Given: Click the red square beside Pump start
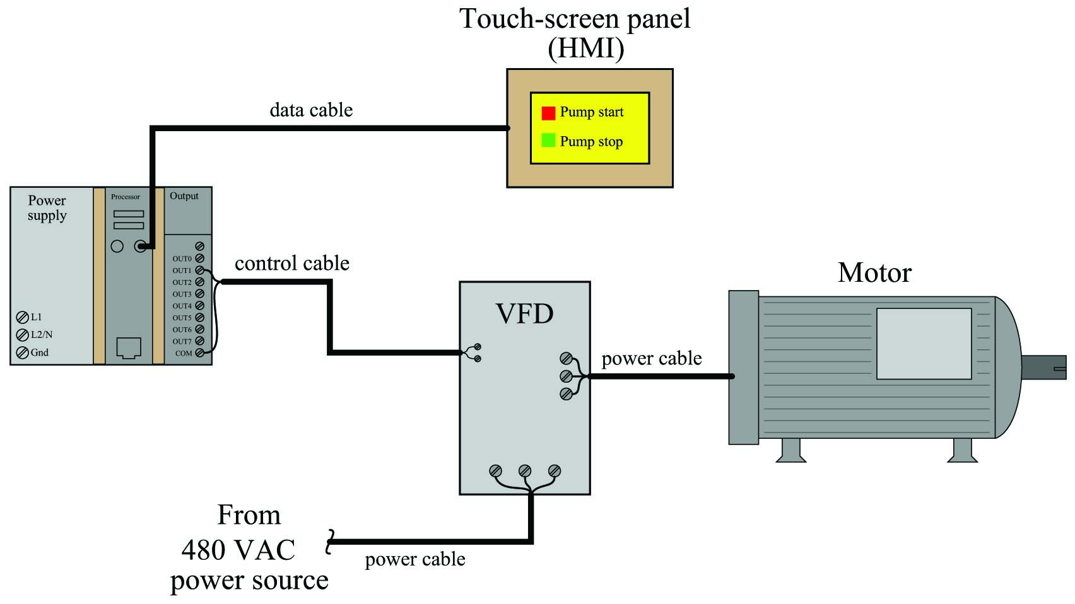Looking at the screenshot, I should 548,113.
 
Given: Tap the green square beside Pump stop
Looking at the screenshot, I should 548,140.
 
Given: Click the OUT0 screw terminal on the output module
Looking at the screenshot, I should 199,258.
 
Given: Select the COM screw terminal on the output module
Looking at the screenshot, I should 199,353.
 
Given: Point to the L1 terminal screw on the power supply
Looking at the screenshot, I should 22,317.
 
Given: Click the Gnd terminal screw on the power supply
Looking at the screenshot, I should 22,352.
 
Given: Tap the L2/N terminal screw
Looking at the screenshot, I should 22,335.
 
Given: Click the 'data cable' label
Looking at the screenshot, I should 311,110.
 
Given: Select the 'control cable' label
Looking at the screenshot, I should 292,264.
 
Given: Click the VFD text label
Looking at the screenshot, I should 524,314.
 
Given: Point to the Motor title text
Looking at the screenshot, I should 874,273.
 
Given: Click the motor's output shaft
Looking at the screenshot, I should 1043,368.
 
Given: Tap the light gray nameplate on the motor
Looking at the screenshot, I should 924,344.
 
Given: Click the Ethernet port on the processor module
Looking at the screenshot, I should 129,347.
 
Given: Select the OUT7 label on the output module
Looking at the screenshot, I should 182,342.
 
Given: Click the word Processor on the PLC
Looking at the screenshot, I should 126,197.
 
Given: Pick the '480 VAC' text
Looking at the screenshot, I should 238,550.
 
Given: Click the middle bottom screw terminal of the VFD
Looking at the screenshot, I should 525,471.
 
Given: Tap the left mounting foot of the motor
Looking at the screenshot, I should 791,450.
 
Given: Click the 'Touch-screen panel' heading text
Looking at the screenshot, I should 575,19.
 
